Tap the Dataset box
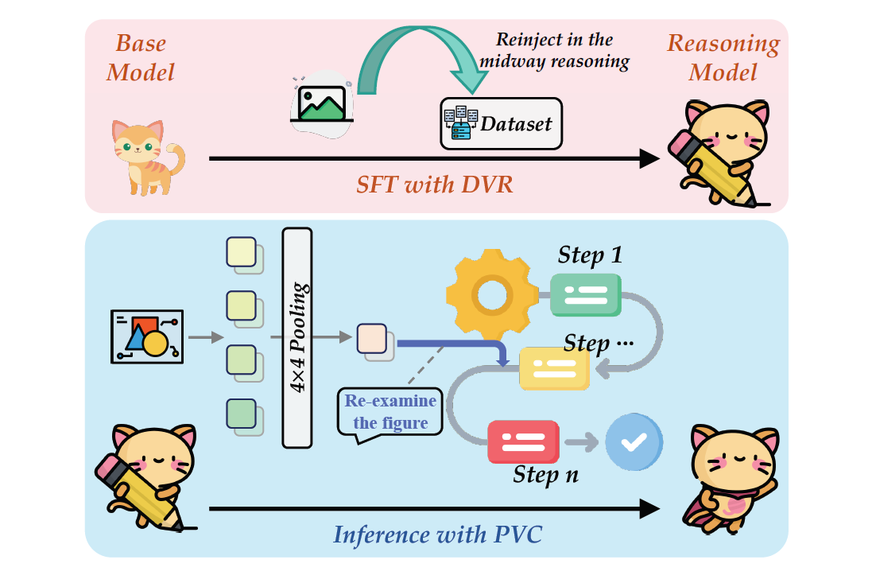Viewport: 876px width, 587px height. (x=501, y=124)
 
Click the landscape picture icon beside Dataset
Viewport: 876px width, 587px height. (x=322, y=103)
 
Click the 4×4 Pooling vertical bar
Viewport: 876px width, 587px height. (x=297, y=337)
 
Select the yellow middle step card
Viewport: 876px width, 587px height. (x=555, y=368)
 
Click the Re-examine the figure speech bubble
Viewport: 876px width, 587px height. (x=390, y=411)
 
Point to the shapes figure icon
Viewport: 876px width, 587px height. (x=145, y=336)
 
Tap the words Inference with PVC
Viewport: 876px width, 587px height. (x=437, y=534)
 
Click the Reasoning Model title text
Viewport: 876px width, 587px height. (x=723, y=57)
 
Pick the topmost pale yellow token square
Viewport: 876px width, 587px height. (x=242, y=253)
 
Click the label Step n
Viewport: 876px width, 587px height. (x=545, y=475)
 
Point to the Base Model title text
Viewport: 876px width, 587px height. (x=141, y=57)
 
